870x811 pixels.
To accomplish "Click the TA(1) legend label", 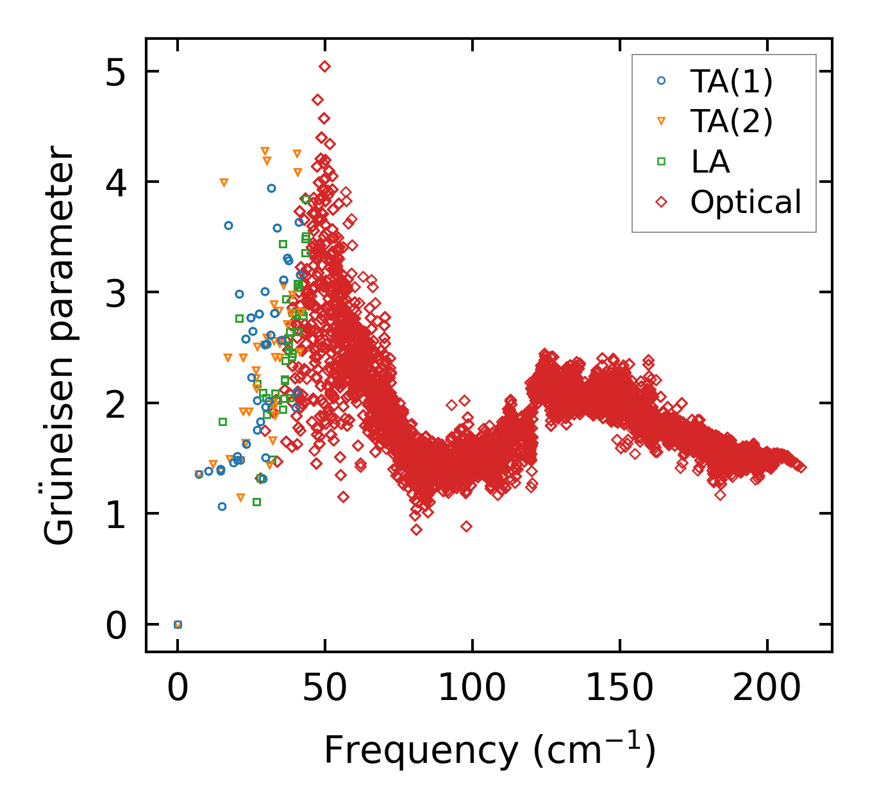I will pyautogui.click(x=732, y=81).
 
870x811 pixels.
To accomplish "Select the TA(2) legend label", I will pyautogui.click(x=732, y=121).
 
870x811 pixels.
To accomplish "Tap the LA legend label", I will pyautogui.click(x=710, y=162).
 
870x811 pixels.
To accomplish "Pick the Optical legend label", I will pyautogui.click(x=746, y=202).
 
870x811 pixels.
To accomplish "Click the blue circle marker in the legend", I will pyautogui.click(x=662, y=81).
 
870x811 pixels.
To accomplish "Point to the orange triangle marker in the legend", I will pyautogui.click(x=662, y=121).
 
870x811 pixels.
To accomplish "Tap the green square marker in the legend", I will pyautogui.click(x=662, y=162).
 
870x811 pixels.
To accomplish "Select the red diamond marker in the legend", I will pyautogui.click(x=662, y=202).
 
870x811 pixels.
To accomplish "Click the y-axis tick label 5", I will pyautogui.click(x=116, y=72).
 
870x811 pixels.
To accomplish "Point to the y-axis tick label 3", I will pyautogui.click(x=116, y=293).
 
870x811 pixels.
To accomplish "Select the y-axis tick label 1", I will pyautogui.click(x=116, y=515).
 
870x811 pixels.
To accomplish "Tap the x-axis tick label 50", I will pyautogui.click(x=324, y=689).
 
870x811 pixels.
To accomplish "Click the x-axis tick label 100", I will pyautogui.click(x=472, y=689).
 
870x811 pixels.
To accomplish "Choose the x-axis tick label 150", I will pyautogui.click(x=619, y=689).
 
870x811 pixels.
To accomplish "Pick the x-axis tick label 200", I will pyautogui.click(x=767, y=689).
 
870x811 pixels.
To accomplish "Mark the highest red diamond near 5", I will pyautogui.click(x=324, y=66).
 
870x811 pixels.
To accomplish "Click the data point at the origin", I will pyautogui.click(x=178, y=624).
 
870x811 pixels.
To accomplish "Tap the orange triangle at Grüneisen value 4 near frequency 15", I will pyautogui.click(x=224, y=183).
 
